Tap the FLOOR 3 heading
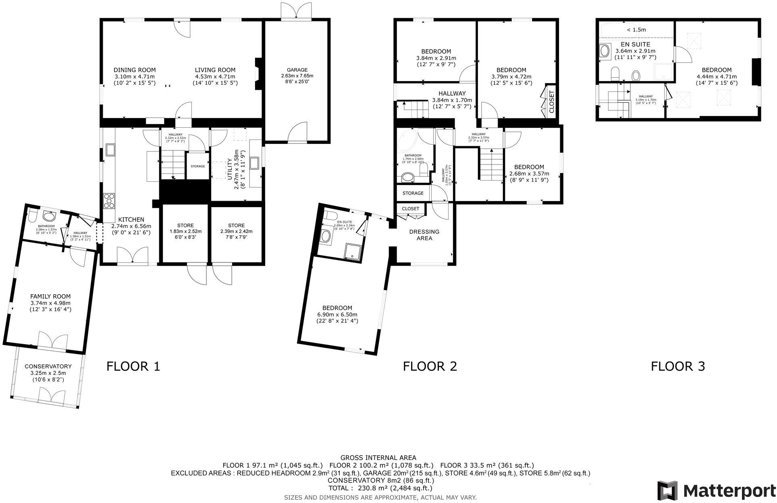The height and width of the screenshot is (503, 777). pos(678,366)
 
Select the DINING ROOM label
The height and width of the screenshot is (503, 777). pos(134,70)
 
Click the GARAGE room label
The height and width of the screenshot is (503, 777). pos(297,70)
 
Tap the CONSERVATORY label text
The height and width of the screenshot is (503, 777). pos(48,366)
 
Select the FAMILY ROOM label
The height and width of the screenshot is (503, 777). pos(50,296)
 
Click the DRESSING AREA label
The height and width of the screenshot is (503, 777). pos(424,235)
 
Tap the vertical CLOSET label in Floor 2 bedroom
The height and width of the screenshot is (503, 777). pos(551,102)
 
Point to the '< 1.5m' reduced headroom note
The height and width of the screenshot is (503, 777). pos(636,29)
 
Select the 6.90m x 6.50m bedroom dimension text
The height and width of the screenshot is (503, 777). pos(337,314)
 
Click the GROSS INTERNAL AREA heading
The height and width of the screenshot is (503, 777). pos(378,457)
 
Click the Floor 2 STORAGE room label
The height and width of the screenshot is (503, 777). pos(413,193)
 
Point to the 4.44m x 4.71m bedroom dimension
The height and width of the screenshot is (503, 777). pos(716,77)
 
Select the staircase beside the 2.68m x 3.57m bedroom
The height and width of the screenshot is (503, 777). pos(491,165)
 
